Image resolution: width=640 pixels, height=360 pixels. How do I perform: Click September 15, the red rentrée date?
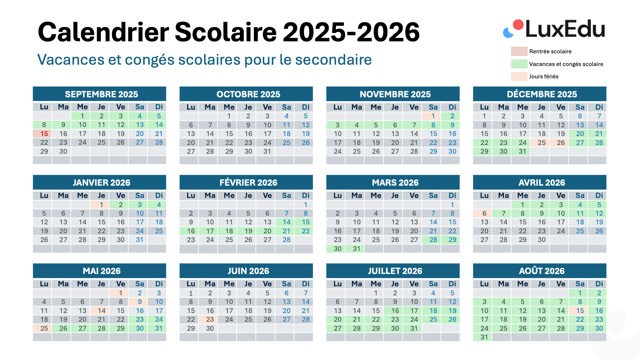[44, 134]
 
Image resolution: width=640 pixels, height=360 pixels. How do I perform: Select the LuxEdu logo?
[554, 29]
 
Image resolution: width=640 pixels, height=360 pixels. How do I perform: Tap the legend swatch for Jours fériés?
[519, 76]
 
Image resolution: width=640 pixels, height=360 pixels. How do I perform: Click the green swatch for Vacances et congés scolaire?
[519, 64]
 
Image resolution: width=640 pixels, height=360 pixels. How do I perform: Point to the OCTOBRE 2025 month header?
[248, 94]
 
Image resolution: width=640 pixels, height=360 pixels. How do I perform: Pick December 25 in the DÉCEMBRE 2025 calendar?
[542, 143]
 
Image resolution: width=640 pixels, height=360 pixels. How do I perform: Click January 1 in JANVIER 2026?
[101, 205]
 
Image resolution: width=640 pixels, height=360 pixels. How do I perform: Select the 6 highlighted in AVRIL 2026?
[484, 213]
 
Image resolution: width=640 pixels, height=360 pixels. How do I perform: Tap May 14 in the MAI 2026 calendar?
[101, 311]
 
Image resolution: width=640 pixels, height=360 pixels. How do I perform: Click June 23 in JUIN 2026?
[210, 319]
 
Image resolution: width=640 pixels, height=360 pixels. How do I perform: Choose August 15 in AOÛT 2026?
[580, 311]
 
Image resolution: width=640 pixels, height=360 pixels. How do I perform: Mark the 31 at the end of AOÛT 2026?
[484, 337]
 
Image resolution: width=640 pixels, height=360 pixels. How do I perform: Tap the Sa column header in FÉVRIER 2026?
[286, 196]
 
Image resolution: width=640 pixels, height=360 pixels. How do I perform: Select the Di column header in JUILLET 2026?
[452, 284]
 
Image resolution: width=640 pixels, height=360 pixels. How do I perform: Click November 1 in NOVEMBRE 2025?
[433, 116]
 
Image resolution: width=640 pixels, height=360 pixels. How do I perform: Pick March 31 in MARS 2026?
[356, 249]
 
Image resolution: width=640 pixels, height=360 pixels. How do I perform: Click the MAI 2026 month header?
[101, 271]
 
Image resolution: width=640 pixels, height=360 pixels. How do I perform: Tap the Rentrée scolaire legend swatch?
[519, 51]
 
